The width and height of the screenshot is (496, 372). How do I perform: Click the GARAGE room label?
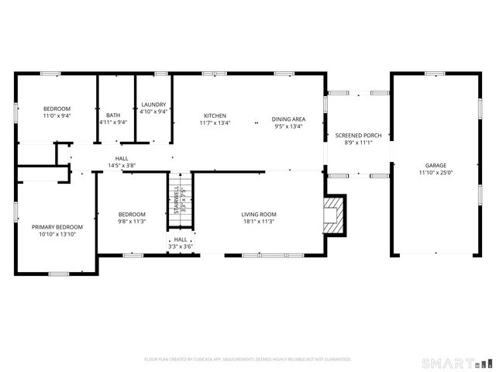tap(435, 165)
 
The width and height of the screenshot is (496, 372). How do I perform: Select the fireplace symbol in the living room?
tap(333, 213)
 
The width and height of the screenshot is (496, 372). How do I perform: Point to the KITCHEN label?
tap(215, 116)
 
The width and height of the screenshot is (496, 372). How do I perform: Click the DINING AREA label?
tap(288, 119)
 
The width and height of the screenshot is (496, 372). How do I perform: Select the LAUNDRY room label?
tap(154, 105)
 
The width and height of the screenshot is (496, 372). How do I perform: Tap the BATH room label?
tap(113, 115)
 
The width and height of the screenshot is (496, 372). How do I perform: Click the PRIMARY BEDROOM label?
tap(57, 227)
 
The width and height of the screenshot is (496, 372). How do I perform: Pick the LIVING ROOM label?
tap(259, 214)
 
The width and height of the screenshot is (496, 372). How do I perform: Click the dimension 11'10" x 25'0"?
tap(435, 173)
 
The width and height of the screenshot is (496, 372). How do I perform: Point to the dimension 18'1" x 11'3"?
tap(259, 222)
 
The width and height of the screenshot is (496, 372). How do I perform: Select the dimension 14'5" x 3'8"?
tap(122, 165)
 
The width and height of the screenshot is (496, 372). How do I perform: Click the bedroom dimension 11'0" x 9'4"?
tap(57, 115)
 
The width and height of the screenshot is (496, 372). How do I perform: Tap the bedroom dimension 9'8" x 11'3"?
tap(132, 222)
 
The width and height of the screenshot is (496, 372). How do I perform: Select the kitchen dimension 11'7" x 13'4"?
tap(215, 123)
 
